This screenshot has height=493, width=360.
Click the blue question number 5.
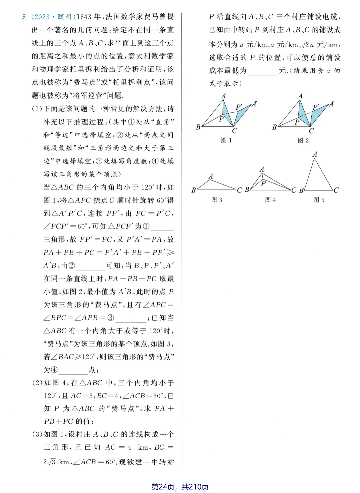pos(25,17)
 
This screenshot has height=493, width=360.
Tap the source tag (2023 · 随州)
pos(53,17)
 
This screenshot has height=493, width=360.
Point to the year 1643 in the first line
pos(84,17)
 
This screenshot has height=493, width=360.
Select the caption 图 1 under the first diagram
pos(226,140)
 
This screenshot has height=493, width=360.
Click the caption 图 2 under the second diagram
pos(303,140)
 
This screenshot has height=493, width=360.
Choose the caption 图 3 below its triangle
pos(217,200)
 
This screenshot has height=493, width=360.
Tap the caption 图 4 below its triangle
pos(270,200)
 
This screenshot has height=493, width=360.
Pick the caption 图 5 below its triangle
pos(319,200)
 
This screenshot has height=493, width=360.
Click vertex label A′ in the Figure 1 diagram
pos(255,104)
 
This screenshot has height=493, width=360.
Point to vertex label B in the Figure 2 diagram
pos(275,127)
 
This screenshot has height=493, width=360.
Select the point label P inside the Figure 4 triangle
pos(263,183)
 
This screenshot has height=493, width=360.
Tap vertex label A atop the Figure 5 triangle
pos(315,154)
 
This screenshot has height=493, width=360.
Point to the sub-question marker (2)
pos(37,383)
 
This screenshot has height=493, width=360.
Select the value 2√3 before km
pos(49,462)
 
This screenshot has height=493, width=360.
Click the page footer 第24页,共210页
pos(180,487)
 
